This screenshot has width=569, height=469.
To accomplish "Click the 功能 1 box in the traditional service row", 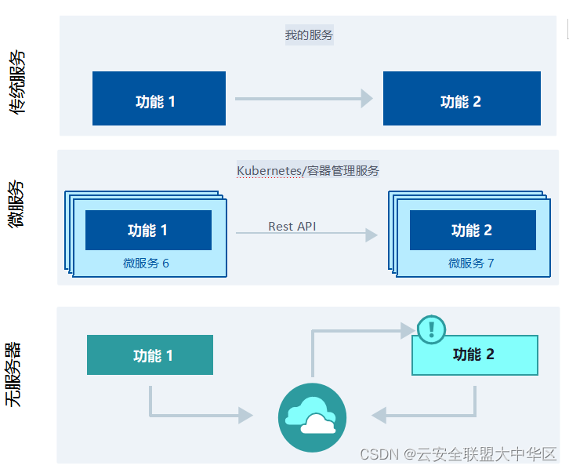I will [159, 99].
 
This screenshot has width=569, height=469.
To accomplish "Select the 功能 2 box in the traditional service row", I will [462, 99].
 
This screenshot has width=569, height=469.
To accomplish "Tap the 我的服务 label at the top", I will [310, 35].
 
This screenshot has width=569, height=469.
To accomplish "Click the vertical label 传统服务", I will [17, 82].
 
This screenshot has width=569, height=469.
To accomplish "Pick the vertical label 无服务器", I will [14, 374].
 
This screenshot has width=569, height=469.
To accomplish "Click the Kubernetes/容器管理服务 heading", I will [308, 170].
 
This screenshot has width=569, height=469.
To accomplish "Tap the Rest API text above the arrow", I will [292, 226].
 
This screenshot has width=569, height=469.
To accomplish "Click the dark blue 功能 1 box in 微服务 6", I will [148, 230].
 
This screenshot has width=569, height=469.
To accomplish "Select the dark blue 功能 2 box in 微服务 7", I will [473, 230].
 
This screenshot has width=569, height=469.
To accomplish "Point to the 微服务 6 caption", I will [146, 264].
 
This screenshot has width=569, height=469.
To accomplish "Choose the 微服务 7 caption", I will [471, 264].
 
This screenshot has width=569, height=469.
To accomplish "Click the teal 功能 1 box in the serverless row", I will [150, 355].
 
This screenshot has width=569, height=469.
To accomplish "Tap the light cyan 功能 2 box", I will [474, 355].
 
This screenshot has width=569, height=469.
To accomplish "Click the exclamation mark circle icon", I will [431, 329].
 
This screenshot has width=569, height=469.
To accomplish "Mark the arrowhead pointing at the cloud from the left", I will [245, 416].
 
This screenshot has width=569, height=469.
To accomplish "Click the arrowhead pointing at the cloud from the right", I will [379, 416].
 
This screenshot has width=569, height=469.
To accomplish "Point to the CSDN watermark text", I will [458, 454].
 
